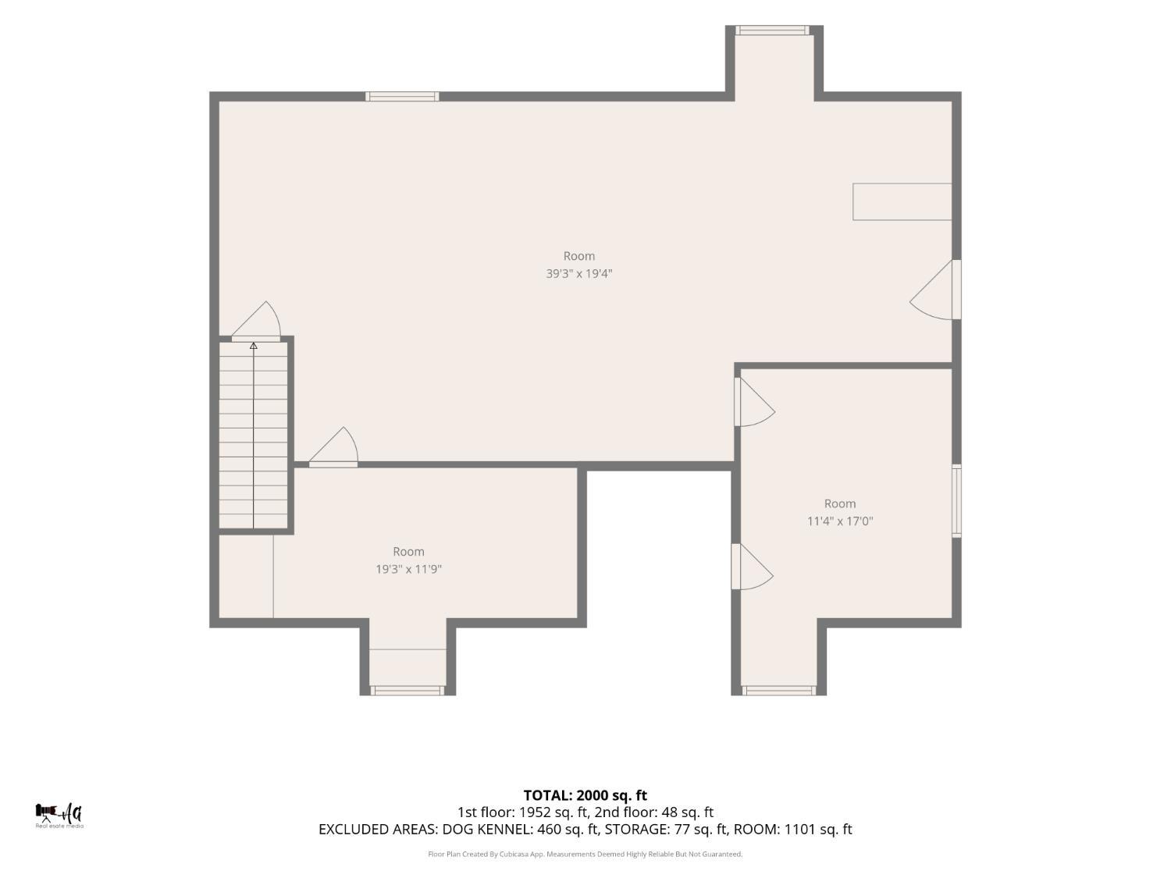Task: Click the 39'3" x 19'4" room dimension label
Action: [x=578, y=274]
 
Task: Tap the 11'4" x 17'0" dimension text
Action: [x=840, y=521]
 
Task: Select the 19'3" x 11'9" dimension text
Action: [x=408, y=570]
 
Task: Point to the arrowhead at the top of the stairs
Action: [x=254, y=346]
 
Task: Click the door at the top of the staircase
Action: [x=257, y=322]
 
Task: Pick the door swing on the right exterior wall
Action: [x=935, y=290]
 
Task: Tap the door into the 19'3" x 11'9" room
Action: [x=333, y=447]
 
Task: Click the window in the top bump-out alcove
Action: [x=773, y=30]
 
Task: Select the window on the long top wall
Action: [x=402, y=97]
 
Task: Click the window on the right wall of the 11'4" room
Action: [x=957, y=501]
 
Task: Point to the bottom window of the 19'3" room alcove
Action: [x=407, y=691]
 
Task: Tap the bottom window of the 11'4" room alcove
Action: [x=779, y=691]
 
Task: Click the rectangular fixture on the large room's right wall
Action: [x=902, y=201]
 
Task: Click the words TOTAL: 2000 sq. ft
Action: [x=585, y=795]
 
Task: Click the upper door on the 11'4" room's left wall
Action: [x=755, y=402]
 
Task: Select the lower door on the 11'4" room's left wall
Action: [x=753, y=567]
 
